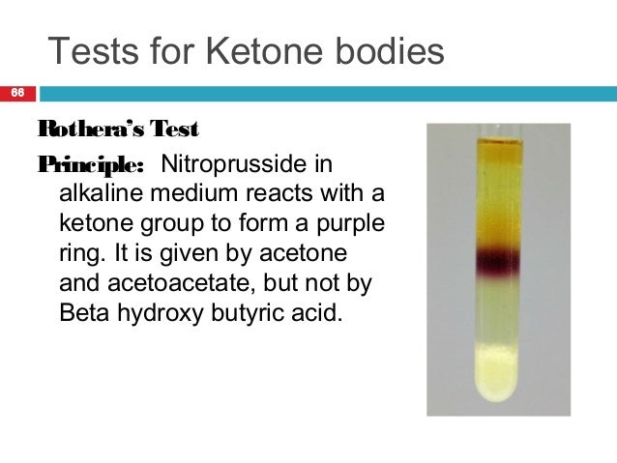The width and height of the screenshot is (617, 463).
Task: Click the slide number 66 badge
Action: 16,94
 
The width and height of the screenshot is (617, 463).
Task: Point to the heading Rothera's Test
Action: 117,128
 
